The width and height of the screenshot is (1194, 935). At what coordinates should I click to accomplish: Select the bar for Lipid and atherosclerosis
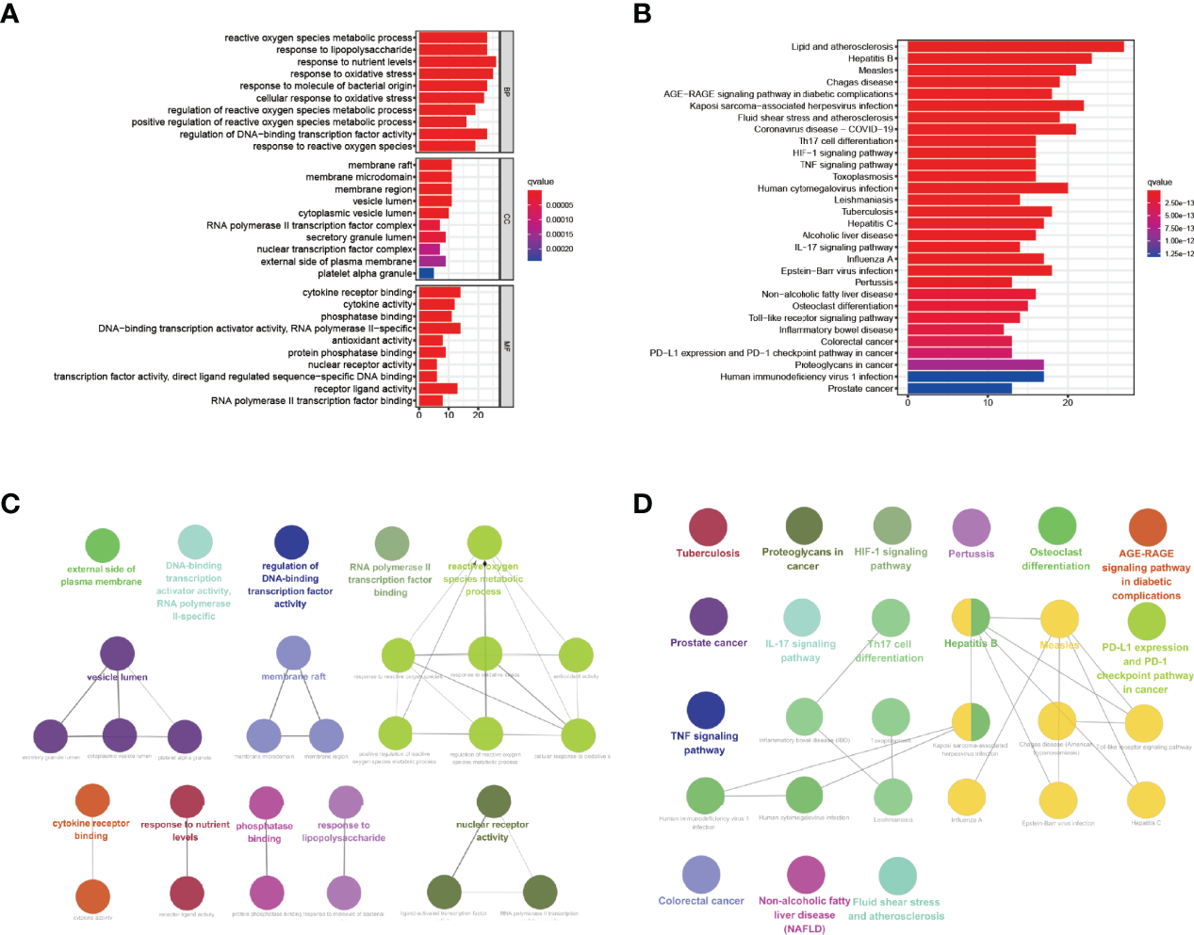[x=1015, y=46]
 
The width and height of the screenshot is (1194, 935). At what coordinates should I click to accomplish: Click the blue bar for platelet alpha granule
[x=426, y=273]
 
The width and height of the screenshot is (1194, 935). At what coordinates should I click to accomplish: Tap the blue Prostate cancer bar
[x=958, y=388]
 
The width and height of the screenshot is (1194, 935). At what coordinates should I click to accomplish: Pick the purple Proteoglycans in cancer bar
[x=974, y=364]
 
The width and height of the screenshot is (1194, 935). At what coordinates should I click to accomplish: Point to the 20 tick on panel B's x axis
[x=1068, y=402]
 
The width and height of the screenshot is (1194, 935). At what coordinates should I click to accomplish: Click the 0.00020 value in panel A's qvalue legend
[x=560, y=250]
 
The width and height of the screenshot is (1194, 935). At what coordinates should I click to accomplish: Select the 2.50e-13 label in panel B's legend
[x=1179, y=203]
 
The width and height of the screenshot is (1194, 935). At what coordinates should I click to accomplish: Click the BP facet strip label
[x=506, y=92]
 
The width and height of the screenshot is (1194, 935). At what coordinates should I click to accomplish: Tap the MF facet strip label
[x=506, y=346]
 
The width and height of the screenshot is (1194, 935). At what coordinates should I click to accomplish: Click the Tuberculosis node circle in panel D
[x=708, y=527]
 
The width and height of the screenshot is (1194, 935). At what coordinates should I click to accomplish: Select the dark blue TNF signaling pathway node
[x=706, y=711]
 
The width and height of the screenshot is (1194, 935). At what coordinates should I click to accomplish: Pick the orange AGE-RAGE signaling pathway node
[x=1147, y=527]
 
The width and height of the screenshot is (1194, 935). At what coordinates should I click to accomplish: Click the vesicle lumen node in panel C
[x=117, y=653]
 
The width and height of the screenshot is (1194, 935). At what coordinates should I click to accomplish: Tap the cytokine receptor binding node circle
[x=92, y=799]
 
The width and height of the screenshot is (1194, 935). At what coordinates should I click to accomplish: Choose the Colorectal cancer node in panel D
[x=701, y=875]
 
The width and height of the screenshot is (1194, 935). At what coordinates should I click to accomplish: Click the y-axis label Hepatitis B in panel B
[x=870, y=58]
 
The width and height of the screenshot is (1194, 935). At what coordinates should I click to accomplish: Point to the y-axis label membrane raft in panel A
[x=380, y=165]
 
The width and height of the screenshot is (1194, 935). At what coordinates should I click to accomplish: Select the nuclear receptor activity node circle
[x=493, y=801]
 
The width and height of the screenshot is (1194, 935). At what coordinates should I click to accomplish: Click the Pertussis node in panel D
[x=971, y=528]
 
